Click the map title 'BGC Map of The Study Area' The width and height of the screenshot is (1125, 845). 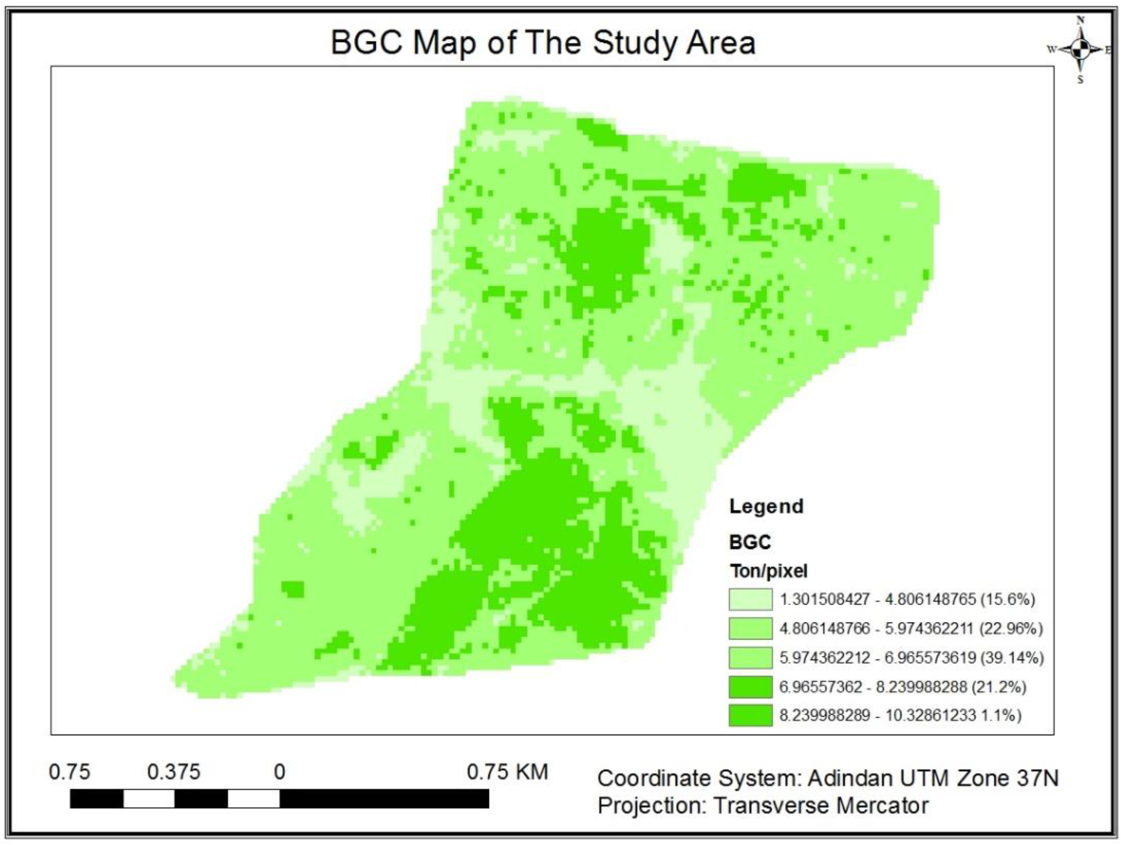pyautogui.click(x=543, y=43)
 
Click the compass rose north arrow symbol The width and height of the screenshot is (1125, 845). pyautogui.click(x=1081, y=49)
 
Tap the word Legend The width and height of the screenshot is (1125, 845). pyautogui.click(x=766, y=507)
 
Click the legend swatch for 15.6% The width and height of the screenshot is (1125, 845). pyautogui.click(x=750, y=599)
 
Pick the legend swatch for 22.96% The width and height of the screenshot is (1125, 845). pyautogui.click(x=750, y=629)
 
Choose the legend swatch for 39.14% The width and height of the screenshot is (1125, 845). pyautogui.click(x=750, y=658)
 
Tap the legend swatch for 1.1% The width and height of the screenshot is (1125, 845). pyautogui.click(x=750, y=715)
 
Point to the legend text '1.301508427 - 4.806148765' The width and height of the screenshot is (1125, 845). pyautogui.click(x=877, y=599)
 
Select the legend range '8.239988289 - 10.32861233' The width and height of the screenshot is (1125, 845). pyautogui.click(x=877, y=715)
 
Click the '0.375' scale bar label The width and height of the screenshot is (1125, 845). pyautogui.click(x=174, y=772)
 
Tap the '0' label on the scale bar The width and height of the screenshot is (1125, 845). pyautogui.click(x=279, y=772)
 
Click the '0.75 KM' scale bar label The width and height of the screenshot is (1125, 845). pyautogui.click(x=507, y=772)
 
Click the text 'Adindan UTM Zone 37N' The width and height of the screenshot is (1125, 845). pyautogui.click(x=933, y=778)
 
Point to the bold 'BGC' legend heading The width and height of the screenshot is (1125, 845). pyautogui.click(x=750, y=542)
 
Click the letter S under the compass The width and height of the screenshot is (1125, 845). pyautogui.click(x=1081, y=79)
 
